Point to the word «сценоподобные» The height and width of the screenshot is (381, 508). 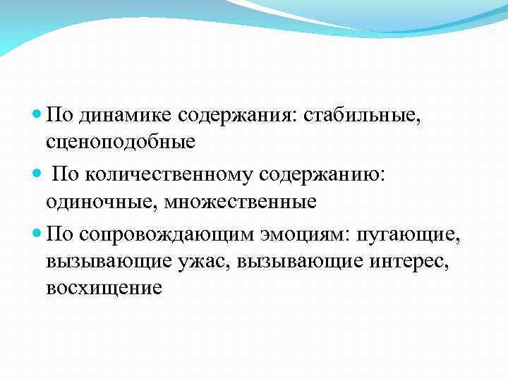[120, 141]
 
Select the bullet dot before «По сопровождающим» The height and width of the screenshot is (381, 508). [37, 234]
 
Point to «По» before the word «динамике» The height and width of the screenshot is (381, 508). [60, 114]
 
